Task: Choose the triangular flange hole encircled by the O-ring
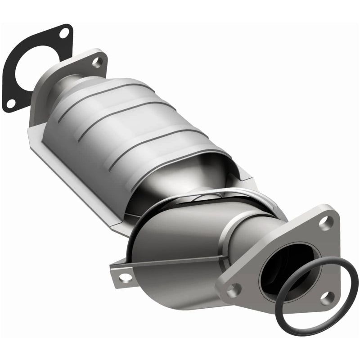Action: coord(327,297)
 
